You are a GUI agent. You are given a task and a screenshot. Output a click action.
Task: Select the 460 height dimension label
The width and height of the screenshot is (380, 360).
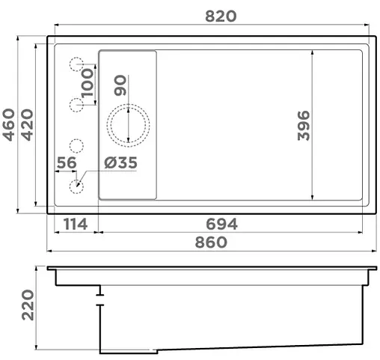click(x=10, y=124)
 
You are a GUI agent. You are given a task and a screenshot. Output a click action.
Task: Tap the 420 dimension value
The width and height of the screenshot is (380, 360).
click(x=27, y=124)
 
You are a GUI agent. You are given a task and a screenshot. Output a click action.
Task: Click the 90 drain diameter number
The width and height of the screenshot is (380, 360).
click(x=120, y=85)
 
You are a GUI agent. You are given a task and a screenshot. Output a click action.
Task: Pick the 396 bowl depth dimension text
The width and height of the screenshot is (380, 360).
click(x=302, y=125)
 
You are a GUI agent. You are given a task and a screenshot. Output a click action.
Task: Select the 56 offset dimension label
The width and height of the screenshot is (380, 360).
click(x=67, y=162)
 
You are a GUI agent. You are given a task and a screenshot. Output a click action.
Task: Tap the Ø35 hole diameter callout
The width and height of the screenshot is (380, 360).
click(x=120, y=162)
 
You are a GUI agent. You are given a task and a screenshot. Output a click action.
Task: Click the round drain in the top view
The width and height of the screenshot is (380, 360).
click(x=130, y=123)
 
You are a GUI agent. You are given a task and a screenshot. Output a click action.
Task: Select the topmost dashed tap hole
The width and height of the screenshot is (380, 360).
click(x=76, y=65)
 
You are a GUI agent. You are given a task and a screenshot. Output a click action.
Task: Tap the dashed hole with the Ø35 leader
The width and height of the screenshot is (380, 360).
click(x=76, y=186)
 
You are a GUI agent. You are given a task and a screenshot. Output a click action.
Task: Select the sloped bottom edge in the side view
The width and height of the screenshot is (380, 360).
click(x=262, y=347)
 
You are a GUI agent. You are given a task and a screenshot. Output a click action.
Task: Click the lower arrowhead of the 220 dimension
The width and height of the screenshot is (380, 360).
click(x=37, y=348)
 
